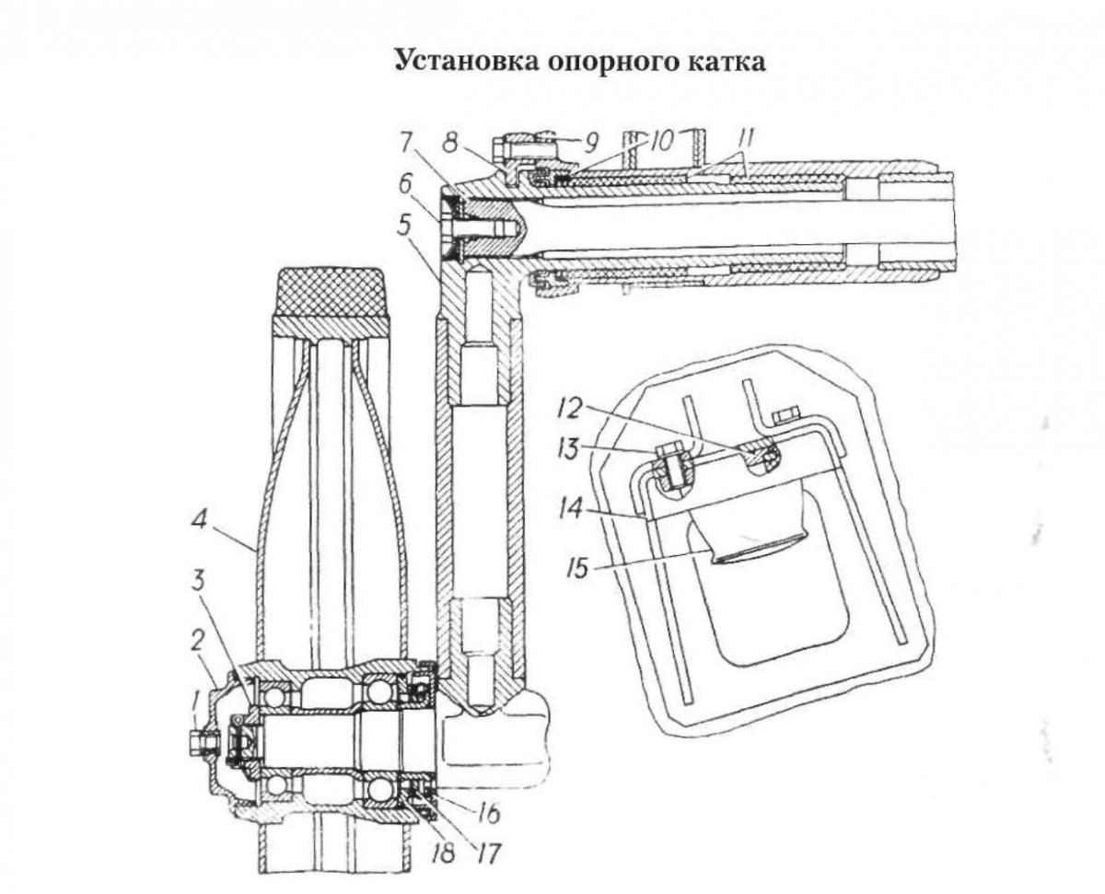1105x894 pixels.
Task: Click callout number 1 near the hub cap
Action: pyautogui.click(x=195, y=709)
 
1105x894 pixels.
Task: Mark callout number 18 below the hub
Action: pyautogui.click(x=443, y=853)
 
